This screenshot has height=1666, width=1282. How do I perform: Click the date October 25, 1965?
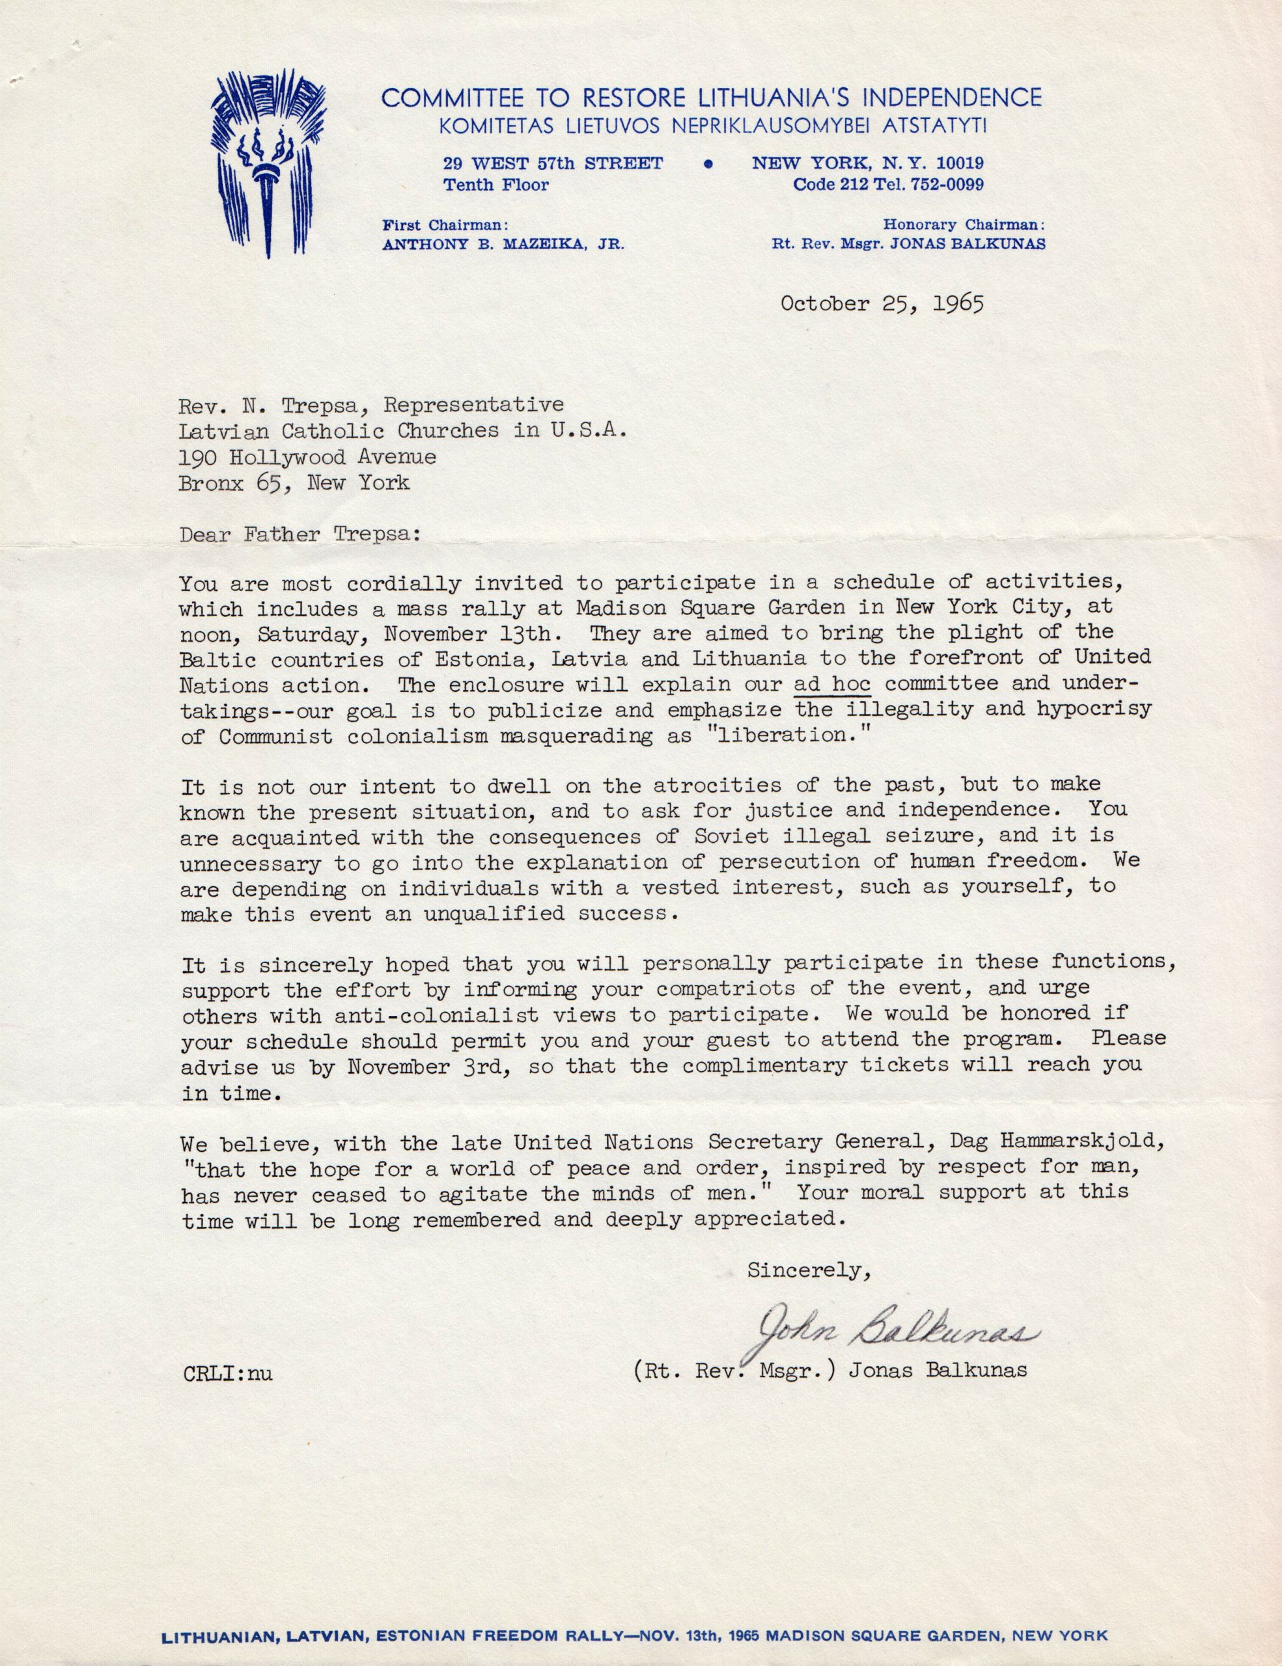[882, 305]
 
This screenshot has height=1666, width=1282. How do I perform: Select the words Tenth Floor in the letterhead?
[497, 184]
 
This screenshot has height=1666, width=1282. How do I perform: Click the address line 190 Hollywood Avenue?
[307, 457]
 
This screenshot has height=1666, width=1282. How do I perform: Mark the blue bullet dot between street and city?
[709, 164]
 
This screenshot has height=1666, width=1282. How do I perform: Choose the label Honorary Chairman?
[964, 225]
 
